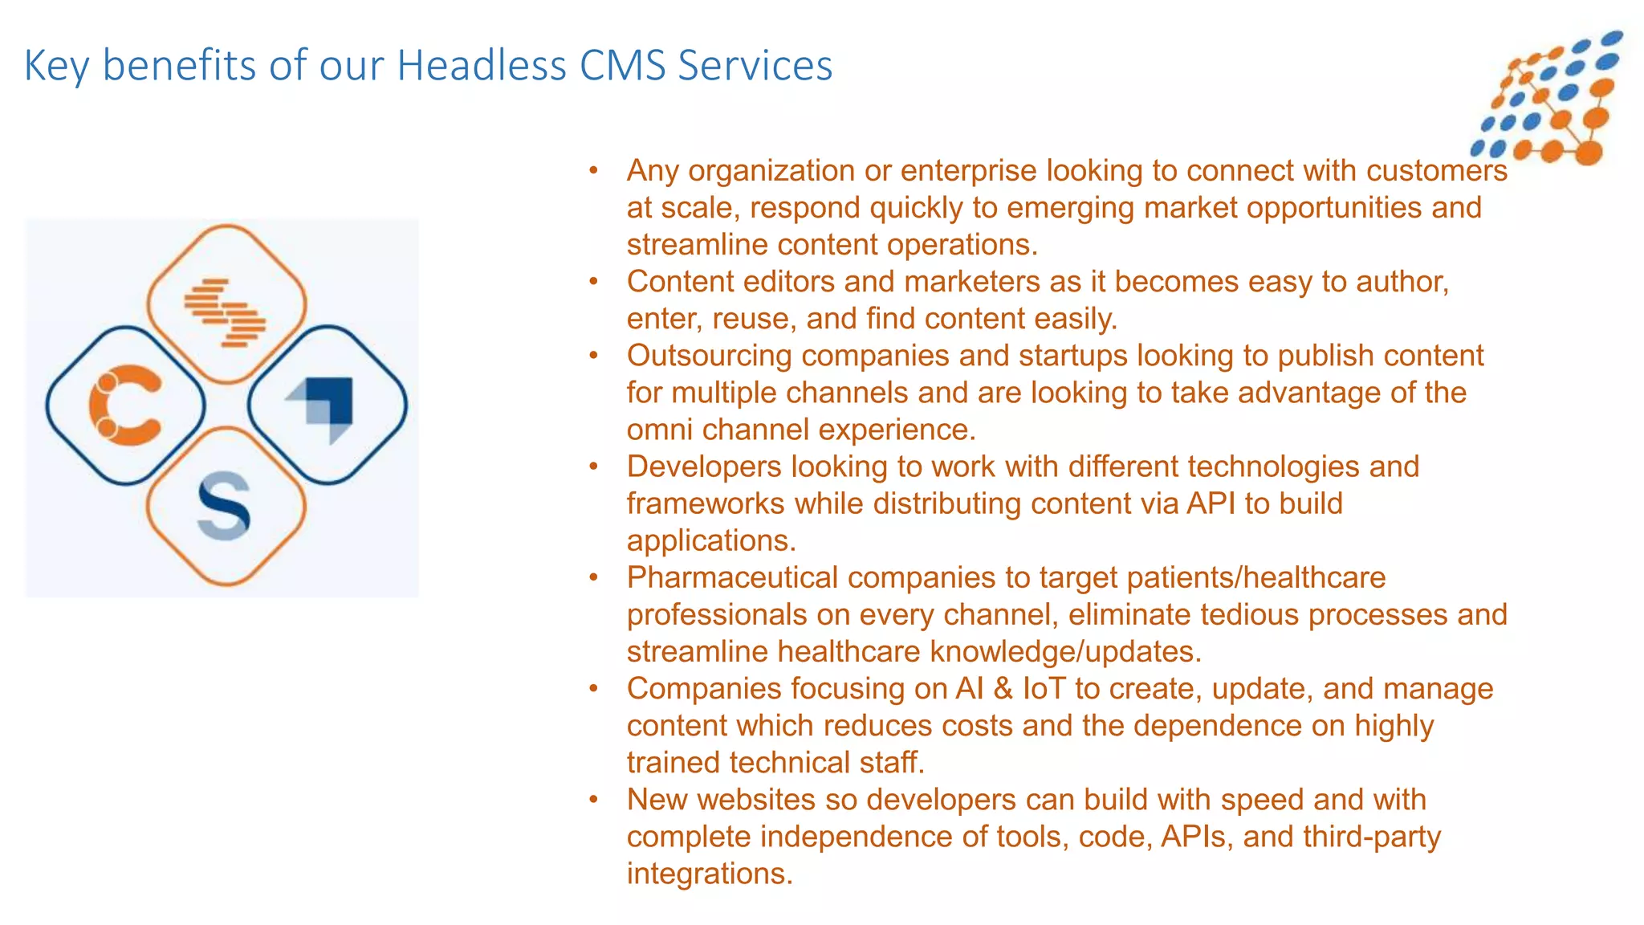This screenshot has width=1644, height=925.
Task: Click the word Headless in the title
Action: pyautogui.click(x=482, y=66)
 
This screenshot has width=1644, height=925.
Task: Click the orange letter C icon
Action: pyautogui.click(x=125, y=405)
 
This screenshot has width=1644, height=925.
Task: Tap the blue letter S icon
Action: pyautogui.click(x=224, y=506)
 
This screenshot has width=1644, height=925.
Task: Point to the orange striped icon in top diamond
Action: pyautogui.click(x=226, y=312)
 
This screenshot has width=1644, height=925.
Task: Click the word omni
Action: pyautogui.click(x=660, y=430)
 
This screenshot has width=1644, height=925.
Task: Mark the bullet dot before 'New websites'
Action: pyautogui.click(x=594, y=800)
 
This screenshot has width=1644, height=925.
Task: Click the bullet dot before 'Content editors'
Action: pyautogui.click(x=594, y=282)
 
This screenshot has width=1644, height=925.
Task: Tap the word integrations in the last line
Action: pyautogui.click(x=710, y=874)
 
